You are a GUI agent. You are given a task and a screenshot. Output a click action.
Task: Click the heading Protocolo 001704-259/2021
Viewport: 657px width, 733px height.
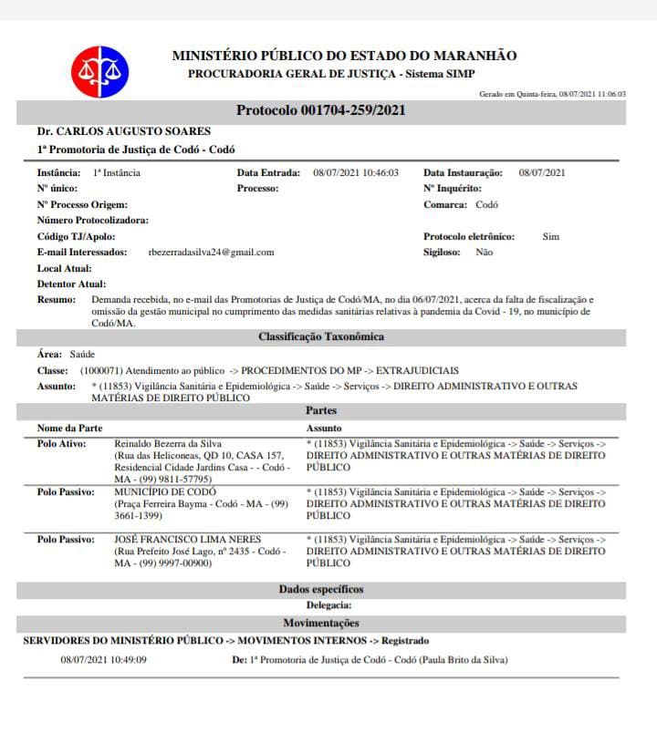coord(320,110)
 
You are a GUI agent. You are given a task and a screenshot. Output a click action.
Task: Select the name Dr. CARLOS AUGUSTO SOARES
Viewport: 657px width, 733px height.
coord(124,131)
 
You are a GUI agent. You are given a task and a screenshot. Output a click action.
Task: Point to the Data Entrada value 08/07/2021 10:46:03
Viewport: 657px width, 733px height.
coord(356,172)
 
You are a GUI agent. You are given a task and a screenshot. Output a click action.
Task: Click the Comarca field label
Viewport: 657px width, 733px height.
coord(445,205)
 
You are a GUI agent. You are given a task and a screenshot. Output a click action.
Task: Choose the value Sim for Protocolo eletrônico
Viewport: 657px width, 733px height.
coord(550,236)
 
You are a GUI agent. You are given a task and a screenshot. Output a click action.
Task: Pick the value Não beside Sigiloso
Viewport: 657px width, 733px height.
coord(485,253)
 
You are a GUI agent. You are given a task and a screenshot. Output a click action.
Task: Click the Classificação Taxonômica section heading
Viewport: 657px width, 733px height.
coord(320,336)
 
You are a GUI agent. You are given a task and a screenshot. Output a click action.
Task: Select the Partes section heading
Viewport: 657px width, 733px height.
coord(321,411)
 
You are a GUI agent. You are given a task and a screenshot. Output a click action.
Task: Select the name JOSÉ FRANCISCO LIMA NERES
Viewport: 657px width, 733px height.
coord(187,540)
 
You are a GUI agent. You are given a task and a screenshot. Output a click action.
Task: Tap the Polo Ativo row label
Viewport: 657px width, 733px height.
coord(62,444)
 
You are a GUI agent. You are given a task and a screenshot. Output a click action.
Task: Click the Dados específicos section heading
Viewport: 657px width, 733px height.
coord(320,590)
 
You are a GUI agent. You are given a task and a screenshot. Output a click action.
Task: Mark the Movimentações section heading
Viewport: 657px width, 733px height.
coord(320,624)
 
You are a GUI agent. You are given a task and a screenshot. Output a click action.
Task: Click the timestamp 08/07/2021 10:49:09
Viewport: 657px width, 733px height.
coord(103,659)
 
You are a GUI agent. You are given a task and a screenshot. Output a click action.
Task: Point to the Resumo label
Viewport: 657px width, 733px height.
coord(57,300)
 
